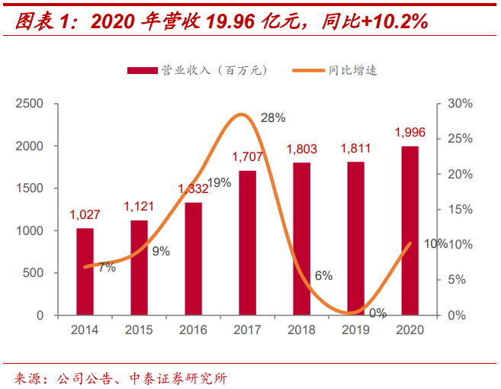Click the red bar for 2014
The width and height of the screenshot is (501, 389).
(85, 272)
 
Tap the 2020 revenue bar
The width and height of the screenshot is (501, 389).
(409, 230)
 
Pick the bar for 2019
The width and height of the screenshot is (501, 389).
(355, 238)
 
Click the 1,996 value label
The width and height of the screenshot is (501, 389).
(409, 133)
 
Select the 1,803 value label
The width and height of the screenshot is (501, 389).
(301, 149)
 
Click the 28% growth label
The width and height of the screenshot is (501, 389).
(273, 117)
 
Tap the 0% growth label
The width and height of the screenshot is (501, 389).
(377, 313)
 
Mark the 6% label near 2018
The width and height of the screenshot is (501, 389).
(323, 275)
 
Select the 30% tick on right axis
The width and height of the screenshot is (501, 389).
(461, 103)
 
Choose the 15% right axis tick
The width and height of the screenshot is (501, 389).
(461, 209)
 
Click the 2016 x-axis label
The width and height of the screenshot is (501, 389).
(193, 330)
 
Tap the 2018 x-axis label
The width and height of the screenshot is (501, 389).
(301, 330)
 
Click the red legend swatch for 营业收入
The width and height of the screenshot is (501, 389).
(142, 70)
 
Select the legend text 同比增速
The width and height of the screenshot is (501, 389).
(352, 70)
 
